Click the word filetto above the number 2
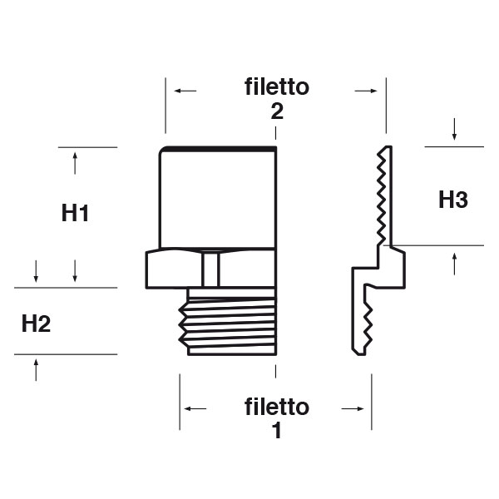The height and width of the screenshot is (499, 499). [x=277, y=86]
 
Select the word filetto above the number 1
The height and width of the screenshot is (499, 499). [x=277, y=408]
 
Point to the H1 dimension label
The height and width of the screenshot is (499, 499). [x=76, y=213]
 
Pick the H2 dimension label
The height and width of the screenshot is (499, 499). [x=37, y=324]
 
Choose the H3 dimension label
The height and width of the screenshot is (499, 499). [x=453, y=200]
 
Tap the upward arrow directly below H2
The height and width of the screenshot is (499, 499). [x=37, y=370]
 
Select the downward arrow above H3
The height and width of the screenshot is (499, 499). [x=455, y=130]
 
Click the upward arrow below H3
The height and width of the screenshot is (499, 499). [x=455, y=263]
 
